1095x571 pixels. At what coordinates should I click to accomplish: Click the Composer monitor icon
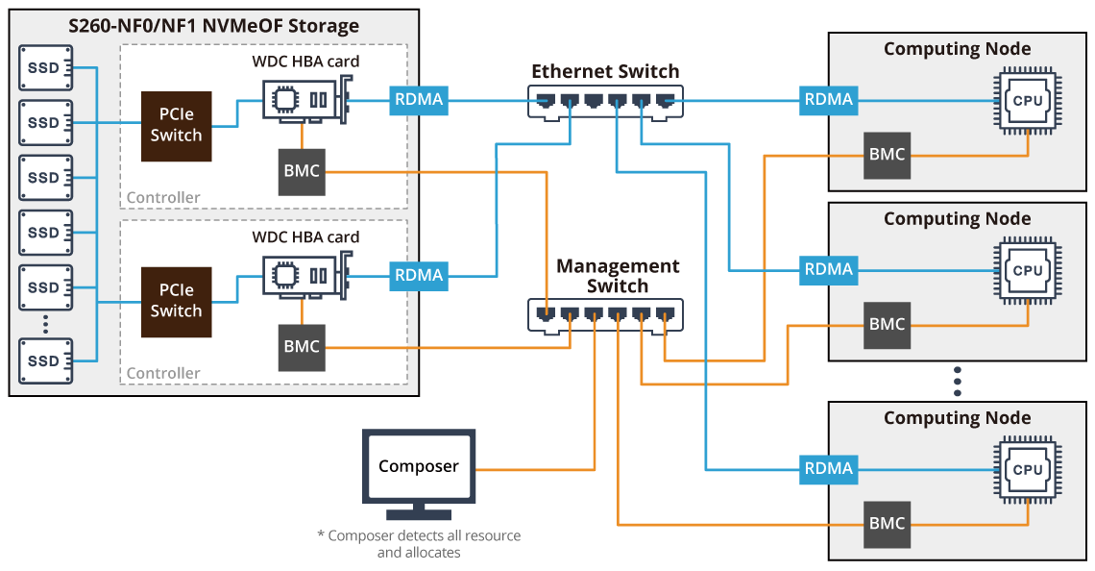[x=418, y=467]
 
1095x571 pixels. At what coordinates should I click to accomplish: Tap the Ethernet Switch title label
[x=605, y=71]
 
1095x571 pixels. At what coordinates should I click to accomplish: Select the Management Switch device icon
[x=605, y=314]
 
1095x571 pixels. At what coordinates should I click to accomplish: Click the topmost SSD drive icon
[x=43, y=67]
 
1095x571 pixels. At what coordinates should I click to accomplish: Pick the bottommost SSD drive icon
[x=43, y=361]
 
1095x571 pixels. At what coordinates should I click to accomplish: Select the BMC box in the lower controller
[x=302, y=347]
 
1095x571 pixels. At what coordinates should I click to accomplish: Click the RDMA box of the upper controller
[x=418, y=99]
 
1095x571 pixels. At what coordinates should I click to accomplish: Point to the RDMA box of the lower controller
[x=418, y=275]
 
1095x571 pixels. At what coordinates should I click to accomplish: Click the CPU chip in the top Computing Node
[x=1027, y=99]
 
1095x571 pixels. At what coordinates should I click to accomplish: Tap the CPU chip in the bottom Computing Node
[x=1027, y=469]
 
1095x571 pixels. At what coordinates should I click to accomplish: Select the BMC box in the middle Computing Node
[x=887, y=324]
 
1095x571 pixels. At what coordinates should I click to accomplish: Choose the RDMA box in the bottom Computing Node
[x=828, y=468]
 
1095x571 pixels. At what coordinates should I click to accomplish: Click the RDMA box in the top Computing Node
[x=828, y=99]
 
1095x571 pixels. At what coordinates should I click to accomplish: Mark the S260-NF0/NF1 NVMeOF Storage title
[x=214, y=26]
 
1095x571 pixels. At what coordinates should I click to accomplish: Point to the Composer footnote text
[x=418, y=544]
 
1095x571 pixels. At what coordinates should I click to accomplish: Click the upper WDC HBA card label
[x=305, y=62]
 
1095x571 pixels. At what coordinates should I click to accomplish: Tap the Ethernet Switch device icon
[x=605, y=101]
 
